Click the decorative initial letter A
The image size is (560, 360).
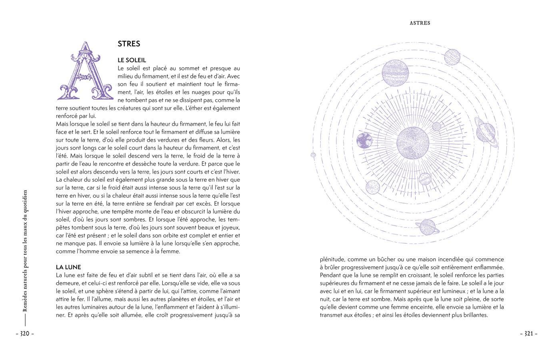(x=85, y=71)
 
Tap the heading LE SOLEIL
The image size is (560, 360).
(x=132, y=60)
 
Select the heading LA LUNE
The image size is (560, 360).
(x=68, y=267)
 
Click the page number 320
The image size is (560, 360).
(x=25, y=334)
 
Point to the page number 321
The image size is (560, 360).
(x=528, y=334)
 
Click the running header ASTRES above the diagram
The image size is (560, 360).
(x=420, y=23)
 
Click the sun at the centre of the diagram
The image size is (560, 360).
(x=413, y=143)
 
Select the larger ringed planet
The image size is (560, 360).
(x=486, y=132)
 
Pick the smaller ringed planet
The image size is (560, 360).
(x=428, y=227)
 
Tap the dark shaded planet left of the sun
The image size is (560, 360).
(x=364, y=140)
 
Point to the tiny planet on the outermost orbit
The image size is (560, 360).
(x=313, y=155)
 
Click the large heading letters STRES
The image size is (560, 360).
(x=129, y=44)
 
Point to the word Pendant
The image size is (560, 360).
(x=331, y=275)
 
